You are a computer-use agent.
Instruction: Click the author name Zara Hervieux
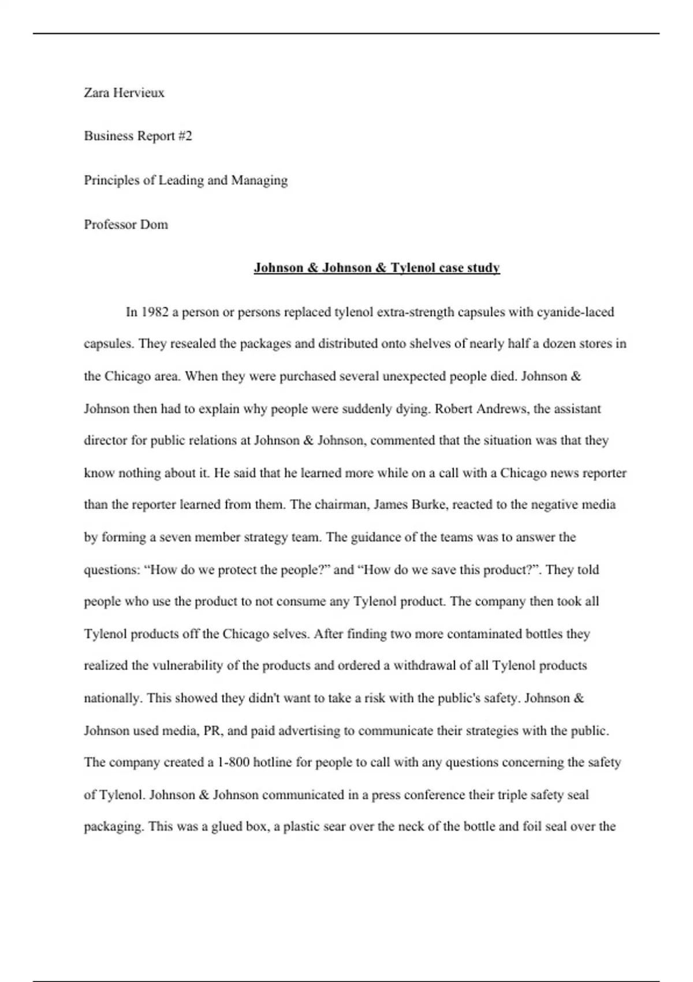pyautogui.click(x=124, y=92)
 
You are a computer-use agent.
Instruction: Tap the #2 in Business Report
pyautogui.click(x=185, y=136)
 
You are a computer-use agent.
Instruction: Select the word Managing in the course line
pyautogui.click(x=259, y=180)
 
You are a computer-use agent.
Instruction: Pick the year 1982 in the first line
pyautogui.click(x=155, y=312)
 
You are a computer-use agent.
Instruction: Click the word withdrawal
pyautogui.click(x=424, y=665)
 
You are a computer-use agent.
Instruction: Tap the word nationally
pyautogui.click(x=113, y=698)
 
